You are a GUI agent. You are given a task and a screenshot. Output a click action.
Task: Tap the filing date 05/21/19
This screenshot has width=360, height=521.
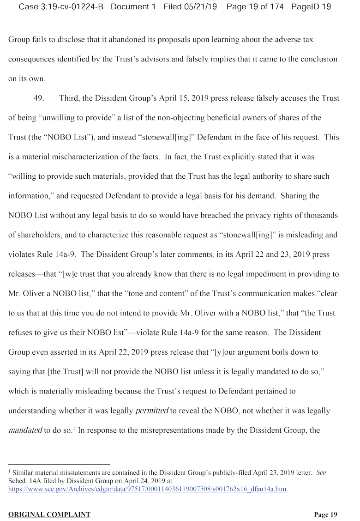[198, 7]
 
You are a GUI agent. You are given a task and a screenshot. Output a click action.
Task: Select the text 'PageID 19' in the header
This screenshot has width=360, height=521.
[311, 7]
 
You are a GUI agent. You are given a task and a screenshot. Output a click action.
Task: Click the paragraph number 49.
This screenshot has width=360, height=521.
[39, 98]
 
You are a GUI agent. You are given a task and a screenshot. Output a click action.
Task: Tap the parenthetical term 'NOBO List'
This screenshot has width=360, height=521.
[63, 137]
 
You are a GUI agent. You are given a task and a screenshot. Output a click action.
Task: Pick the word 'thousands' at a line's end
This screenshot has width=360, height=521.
[322, 215]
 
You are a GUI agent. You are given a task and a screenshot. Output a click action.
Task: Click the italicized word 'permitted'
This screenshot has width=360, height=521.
[152, 411]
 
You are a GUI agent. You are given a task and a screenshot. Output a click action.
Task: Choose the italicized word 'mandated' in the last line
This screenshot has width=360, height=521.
[25, 430]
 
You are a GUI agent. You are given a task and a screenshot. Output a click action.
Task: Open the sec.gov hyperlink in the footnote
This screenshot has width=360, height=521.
[148, 489]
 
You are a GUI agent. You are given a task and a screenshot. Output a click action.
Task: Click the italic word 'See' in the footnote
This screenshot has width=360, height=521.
[321, 473]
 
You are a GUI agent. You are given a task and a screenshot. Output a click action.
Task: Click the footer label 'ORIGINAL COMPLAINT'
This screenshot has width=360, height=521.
[49, 515]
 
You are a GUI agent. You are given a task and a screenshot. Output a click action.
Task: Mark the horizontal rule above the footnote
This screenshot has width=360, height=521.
[59, 464]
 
